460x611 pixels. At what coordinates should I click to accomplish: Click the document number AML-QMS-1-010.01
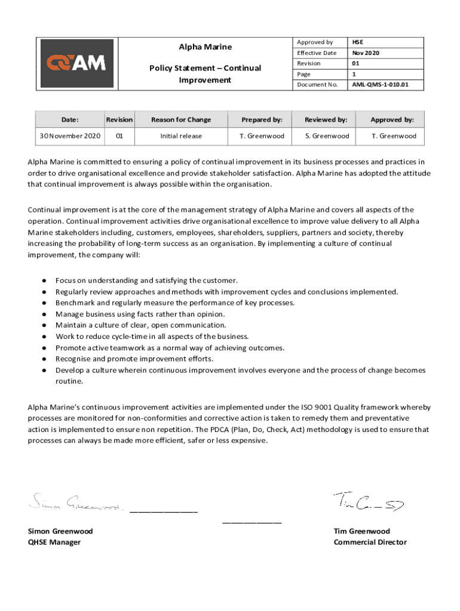pyautogui.click(x=379, y=85)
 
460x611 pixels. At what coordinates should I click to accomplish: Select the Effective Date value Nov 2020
pyautogui.click(x=365, y=53)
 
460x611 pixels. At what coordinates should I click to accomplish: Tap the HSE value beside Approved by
pyautogui.click(x=357, y=42)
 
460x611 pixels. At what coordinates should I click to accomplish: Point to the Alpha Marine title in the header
pyautogui.click(x=205, y=47)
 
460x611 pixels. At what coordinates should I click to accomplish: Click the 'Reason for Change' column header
pyautogui.click(x=181, y=119)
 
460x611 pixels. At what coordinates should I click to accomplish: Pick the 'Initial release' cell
pyautogui.click(x=181, y=136)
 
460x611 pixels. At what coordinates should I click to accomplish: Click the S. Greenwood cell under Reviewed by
pyautogui.click(x=327, y=136)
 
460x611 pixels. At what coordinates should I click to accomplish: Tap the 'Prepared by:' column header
pyautogui.click(x=262, y=119)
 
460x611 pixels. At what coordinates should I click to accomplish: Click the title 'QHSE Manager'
pyautogui.click(x=54, y=542)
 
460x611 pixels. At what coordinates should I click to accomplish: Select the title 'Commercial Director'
pyautogui.click(x=370, y=542)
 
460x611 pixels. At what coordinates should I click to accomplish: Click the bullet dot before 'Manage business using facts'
pyautogui.click(x=44, y=314)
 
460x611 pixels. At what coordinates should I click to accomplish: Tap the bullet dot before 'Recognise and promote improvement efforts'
pyautogui.click(x=44, y=359)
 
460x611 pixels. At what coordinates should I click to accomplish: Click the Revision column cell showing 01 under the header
pyautogui.click(x=119, y=136)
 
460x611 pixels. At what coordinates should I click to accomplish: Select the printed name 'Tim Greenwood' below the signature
pyautogui.click(x=361, y=531)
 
